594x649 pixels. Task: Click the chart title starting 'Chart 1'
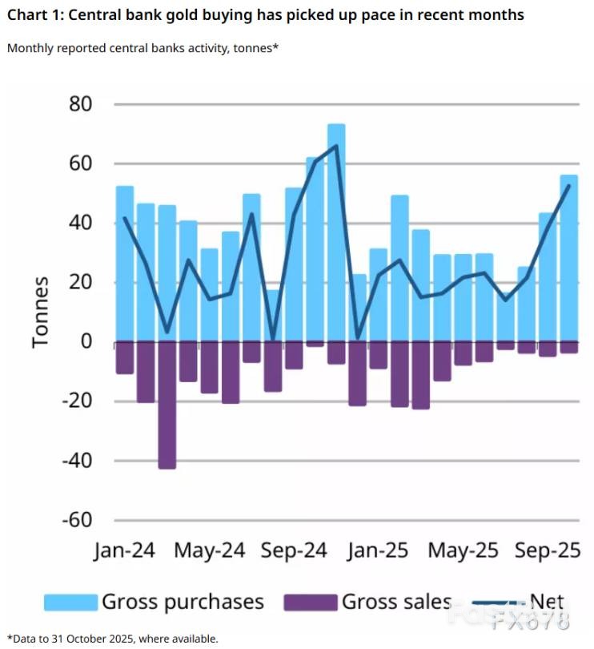(x=265, y=15)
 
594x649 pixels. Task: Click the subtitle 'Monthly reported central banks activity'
(x=143, y=48)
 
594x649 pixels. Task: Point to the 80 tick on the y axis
(x=81, y=105)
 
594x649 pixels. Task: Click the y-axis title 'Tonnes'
(x=41, y=312)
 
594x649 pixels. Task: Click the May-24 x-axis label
(x=209, y=552)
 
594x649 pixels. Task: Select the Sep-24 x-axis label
(x=295, y=552)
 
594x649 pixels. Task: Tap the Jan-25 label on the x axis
(x=379, y=552)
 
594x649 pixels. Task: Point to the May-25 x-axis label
(x=463, y=552)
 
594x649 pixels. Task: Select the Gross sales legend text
(x=396, y=602)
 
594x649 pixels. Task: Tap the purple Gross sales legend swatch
(x=311, y=602)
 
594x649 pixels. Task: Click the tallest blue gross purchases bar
(x=336, y=232)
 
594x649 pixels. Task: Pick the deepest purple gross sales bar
(x=167, y=405)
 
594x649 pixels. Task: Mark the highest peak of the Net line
(x=336, y=145)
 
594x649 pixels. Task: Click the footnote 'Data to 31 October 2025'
(x=112, y=639)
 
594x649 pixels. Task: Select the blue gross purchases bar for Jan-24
(x=125, y=264)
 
